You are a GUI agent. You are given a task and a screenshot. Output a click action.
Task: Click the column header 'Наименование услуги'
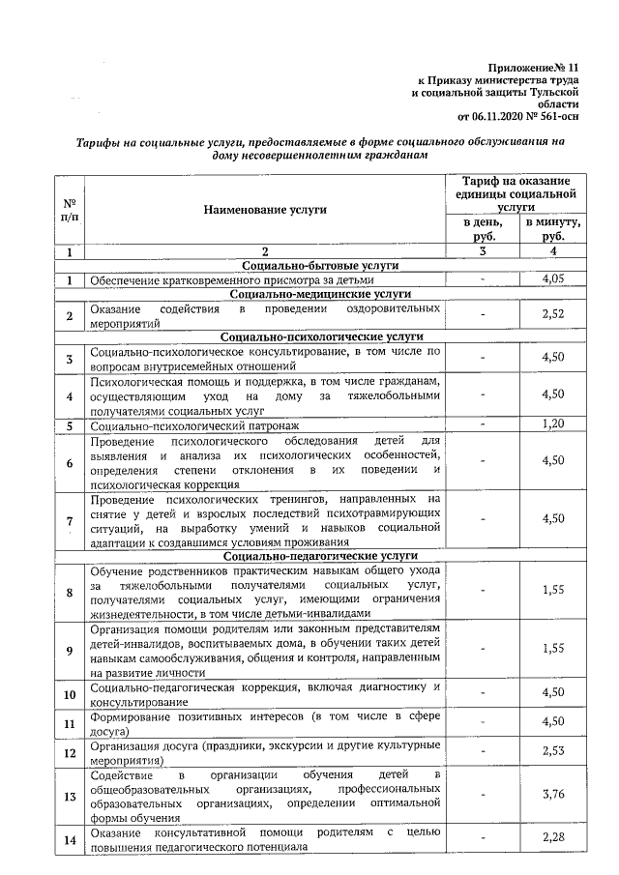click(x=265, y=208)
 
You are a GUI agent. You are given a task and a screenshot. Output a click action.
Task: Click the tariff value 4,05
click(x=552, y=279)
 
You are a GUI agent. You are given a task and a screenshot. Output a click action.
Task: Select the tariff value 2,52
click(x=552, y=314)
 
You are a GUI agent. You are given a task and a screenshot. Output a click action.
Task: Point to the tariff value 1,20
click(x=552, y=424)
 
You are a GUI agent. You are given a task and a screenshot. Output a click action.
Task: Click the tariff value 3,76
click(x=552, y=795)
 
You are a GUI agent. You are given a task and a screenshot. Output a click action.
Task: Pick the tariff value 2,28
click(x=552, y=838)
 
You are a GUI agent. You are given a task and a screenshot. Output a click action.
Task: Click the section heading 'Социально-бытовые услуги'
click(x=321, y=265)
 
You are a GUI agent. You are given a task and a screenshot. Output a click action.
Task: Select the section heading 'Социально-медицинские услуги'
click(x=321, y=293)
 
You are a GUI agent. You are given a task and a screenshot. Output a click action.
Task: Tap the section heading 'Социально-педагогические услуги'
click(x=321, y=557)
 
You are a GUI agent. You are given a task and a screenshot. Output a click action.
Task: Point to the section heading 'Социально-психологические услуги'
click(x=321, y=336)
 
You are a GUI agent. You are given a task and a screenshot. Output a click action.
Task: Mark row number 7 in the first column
click(x=70, y=521)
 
